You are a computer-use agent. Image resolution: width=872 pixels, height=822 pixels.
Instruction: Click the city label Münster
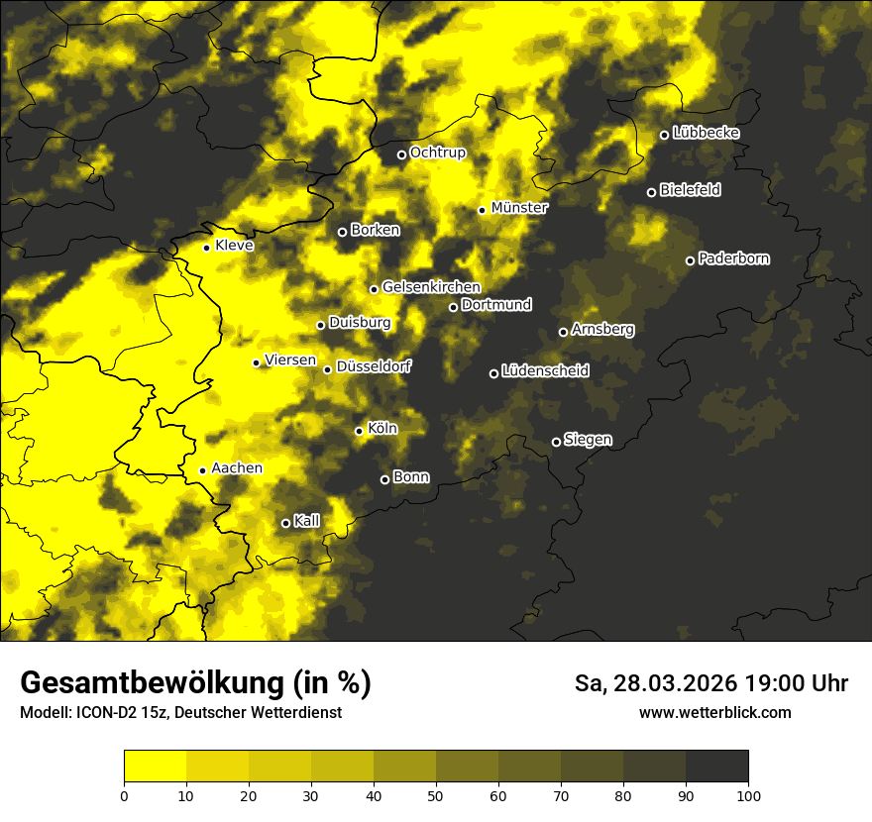pos(519,208)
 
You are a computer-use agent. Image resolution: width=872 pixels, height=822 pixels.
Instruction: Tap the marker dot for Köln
pos(359,431)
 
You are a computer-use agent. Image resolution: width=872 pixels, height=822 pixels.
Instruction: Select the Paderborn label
pos(733,258)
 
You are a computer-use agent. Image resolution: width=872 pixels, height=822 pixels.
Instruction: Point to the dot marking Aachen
pos(202,470)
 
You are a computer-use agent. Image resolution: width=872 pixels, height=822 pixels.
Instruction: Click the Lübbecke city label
pos(706,133)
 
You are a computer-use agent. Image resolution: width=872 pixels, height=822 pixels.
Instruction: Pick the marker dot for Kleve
pos(206,248)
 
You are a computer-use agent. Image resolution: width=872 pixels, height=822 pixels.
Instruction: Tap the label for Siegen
pos(588,440)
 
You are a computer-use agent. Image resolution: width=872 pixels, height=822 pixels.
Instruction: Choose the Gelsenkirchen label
pos(431,287)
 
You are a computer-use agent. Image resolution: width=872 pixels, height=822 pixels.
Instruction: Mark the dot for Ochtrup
pos(401,154)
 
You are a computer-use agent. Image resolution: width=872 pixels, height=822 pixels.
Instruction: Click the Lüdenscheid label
pos(545,371)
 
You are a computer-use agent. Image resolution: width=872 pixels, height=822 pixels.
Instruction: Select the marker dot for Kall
pos(285,523)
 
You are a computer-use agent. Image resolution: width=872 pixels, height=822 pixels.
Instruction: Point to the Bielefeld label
pos(690,190)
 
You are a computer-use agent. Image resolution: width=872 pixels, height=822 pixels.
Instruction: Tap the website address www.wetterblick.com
pos(714,712)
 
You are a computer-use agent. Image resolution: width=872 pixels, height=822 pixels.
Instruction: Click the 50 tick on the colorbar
pos(436,794)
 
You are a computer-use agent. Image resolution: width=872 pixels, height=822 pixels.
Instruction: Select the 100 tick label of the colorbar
pos(748,794)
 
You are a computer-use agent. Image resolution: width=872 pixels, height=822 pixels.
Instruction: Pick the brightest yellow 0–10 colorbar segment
pos(155,766)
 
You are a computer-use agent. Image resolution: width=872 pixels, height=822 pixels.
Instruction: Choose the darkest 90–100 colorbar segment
pos(716,766)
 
